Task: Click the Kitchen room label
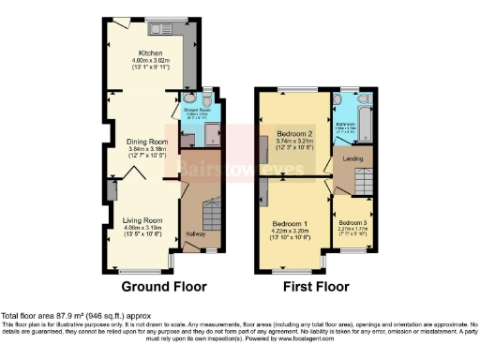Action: coord(150,53)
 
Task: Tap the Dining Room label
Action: coord(144,142)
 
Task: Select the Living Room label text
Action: coord(142,219)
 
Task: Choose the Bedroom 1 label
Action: coord(291,224)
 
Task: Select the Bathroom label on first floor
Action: coord(346,124)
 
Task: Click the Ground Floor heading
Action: coord(150,287)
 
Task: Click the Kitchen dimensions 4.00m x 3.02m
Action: coord(150,61)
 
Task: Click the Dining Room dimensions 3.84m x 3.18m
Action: coord(144,149)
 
